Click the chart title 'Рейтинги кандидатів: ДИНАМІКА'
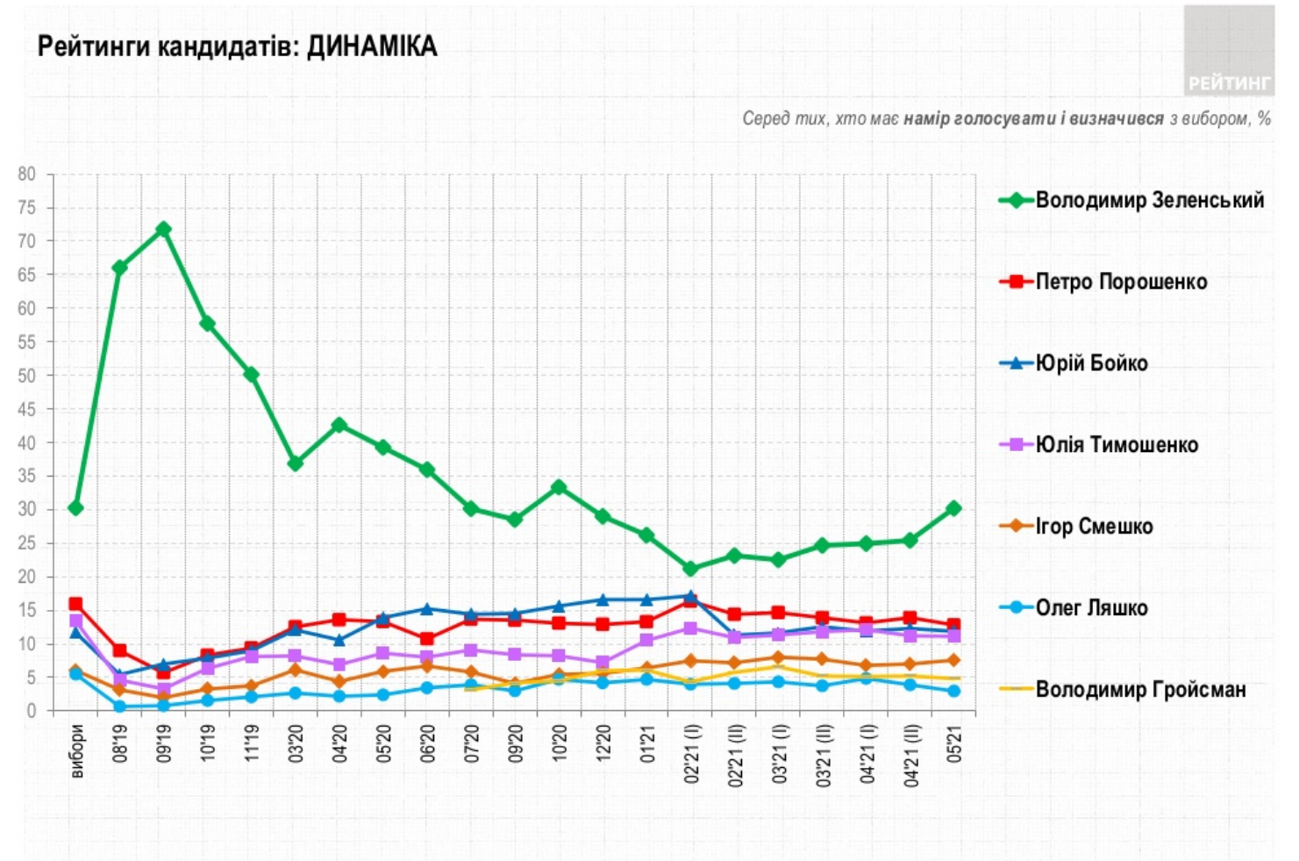click(x=237, y=47)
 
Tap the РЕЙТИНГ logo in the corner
click(x=1228, y=83)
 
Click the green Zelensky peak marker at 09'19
click(x=163, y=229)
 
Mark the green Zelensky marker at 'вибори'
click(x=75, y=508)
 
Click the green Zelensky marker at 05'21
click(x=953, y=508)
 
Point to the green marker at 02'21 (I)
click(x=690, y=569)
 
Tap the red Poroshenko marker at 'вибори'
click(x=75, y=604)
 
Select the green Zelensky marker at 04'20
click(x=339, y=426)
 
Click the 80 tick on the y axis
click(x=27, y=174)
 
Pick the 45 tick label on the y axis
click(x=27, y=409)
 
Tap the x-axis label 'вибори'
click(x=77, y=750)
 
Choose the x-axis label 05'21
click(x=954, y=742)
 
